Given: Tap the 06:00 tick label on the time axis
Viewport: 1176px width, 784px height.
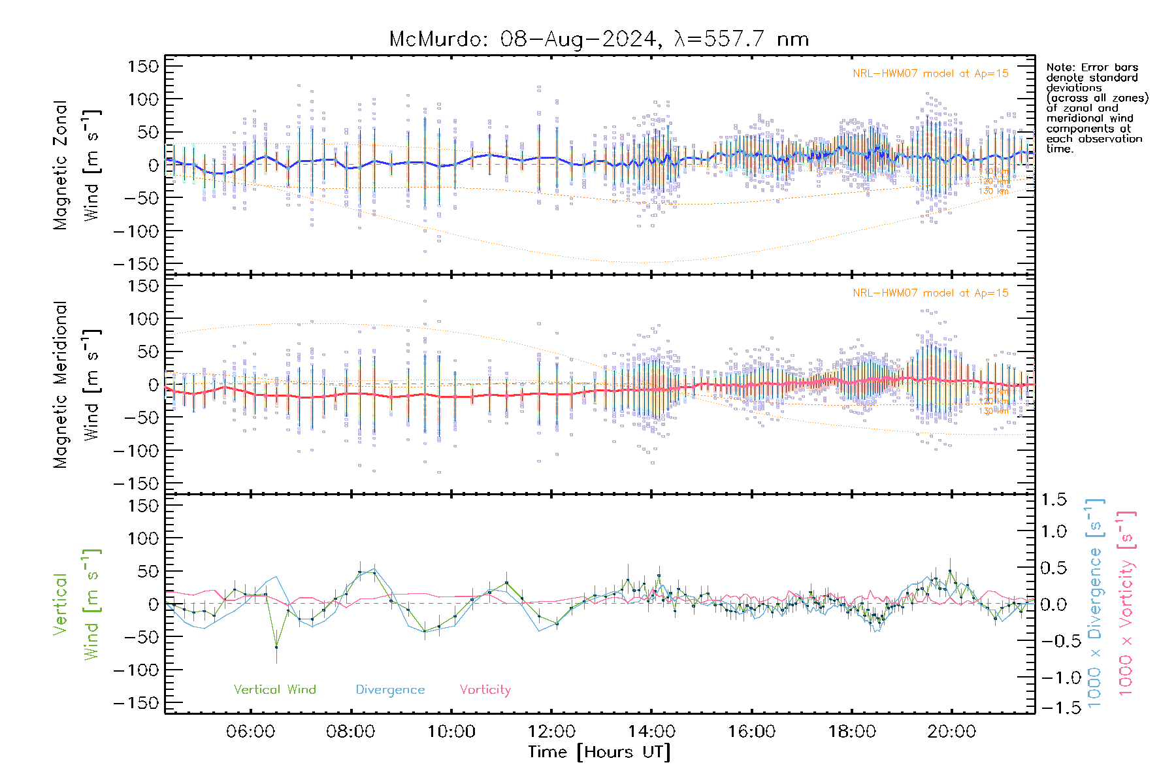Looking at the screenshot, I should [x=250, y=732].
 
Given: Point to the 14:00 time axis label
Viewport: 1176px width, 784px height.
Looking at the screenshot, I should [x=651, y=732].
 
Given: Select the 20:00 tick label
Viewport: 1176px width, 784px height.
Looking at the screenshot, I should [x=952, y=732].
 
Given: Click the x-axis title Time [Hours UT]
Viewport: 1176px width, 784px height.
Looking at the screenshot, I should [x=599, y=752].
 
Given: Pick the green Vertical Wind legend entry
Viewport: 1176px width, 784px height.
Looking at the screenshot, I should [x=274, y=690].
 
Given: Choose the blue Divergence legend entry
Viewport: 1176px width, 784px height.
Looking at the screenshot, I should [x=390, y=690].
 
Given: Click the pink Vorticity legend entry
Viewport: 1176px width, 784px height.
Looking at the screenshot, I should [x=485, y=690].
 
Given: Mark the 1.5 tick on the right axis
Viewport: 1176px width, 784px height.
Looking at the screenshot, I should [x=1054, y=500].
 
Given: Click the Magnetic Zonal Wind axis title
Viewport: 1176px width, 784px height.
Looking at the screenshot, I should [x=77, y=165].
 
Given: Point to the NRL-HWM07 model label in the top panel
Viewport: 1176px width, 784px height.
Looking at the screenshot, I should [x=930, y=74].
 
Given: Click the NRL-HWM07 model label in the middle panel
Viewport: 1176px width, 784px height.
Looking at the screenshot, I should [x=930, y=293].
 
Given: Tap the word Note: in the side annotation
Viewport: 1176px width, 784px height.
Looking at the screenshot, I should [x=1061, y=67].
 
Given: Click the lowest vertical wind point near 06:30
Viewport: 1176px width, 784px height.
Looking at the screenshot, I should [x=276, y=647].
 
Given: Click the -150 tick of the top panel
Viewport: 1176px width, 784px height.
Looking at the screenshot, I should [x=136, y=264].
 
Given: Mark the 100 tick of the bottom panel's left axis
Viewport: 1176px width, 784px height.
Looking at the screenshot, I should [x=144, y=538].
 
